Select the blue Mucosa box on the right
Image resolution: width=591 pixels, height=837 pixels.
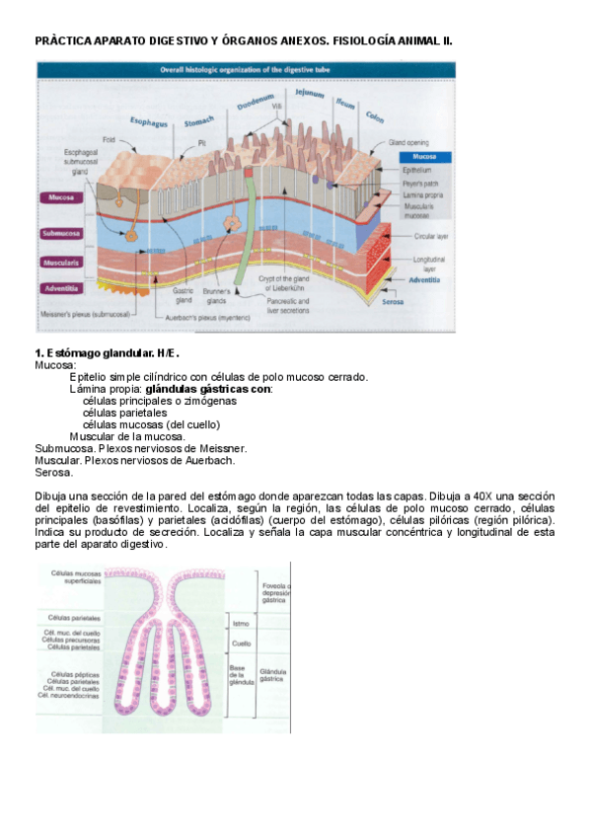(425, 157)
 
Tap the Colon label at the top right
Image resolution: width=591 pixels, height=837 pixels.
(375, 117)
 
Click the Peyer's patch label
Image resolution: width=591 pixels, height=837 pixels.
(419, 184)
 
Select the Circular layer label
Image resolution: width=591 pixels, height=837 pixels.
(432, 237)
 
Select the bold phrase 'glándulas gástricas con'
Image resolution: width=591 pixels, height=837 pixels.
(208, 388)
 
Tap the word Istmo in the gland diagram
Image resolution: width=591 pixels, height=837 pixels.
(240, 624)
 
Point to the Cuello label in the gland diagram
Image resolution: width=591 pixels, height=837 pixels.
(241, 644)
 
